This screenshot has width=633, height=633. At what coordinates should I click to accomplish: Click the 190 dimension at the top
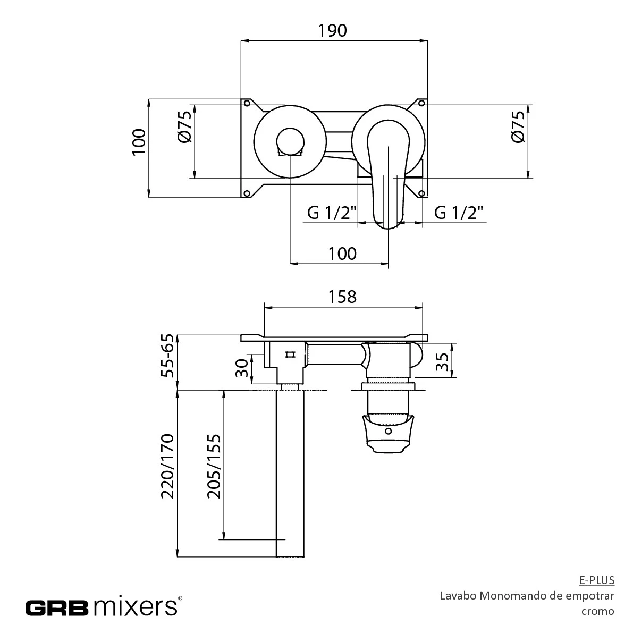point(332,31)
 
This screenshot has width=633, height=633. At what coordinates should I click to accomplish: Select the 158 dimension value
point(342,297)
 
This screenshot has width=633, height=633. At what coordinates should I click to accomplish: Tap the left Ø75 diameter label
point(184,127)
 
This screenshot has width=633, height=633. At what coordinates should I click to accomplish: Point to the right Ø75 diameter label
point(518,127)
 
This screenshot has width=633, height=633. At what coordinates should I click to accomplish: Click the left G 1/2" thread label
point(332,213)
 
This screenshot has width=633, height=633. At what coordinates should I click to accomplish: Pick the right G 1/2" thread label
point(459,213)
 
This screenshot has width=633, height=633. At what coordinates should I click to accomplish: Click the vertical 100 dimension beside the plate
point(139,142)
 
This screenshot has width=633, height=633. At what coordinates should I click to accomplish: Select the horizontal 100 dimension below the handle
point(342,254)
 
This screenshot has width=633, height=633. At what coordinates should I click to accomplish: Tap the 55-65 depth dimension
point(167,355)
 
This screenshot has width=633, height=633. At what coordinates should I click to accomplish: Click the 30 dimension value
point(242,368)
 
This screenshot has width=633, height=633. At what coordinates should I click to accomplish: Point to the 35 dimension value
point(443,361)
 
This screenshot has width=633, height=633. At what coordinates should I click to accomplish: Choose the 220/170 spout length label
point(167,466)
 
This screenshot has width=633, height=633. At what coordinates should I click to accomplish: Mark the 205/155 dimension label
point(214,466)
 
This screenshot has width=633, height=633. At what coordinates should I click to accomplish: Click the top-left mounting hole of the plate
point(248,103)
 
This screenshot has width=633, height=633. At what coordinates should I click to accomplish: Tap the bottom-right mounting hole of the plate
point(421,194)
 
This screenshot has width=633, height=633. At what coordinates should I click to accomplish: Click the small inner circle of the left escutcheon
point(290,142)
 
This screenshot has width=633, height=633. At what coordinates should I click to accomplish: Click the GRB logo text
point(57,608)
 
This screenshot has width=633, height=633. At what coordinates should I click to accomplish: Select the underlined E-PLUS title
point(597,580)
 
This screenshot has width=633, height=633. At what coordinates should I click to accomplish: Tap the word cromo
point(598,611)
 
